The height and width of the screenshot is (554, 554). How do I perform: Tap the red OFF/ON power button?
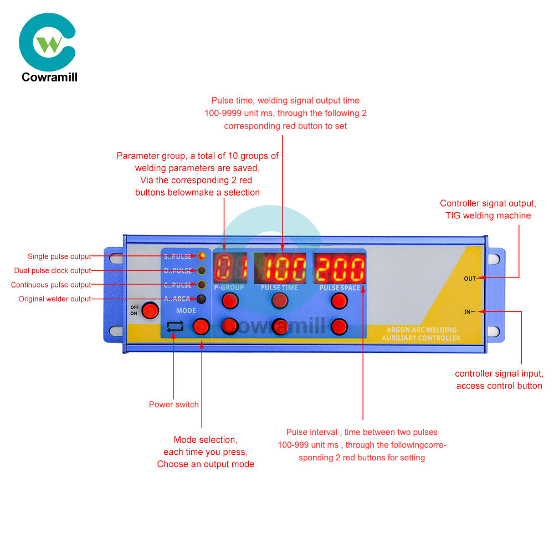click(x=148, y=311)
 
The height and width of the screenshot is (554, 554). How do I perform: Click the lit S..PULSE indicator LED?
click(x=202, y=257)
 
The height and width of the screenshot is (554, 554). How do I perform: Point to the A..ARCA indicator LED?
click(x=202, y=299)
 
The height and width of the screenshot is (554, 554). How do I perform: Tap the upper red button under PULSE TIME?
click(x=280, y=301)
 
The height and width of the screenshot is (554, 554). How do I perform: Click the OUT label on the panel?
click(x=470, y=278)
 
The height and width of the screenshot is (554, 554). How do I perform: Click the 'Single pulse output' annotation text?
click(x=59, y=257)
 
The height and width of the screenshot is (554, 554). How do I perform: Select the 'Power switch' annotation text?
click(x=173, y=404)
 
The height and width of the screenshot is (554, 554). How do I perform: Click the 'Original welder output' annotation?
click(x=55, y=299)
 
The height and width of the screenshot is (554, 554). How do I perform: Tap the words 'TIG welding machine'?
click(x=488, y=216)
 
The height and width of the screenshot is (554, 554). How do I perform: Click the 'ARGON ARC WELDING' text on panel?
click(x=422, y=330)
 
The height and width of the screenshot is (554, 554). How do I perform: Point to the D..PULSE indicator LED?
click(x=202, y=271)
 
